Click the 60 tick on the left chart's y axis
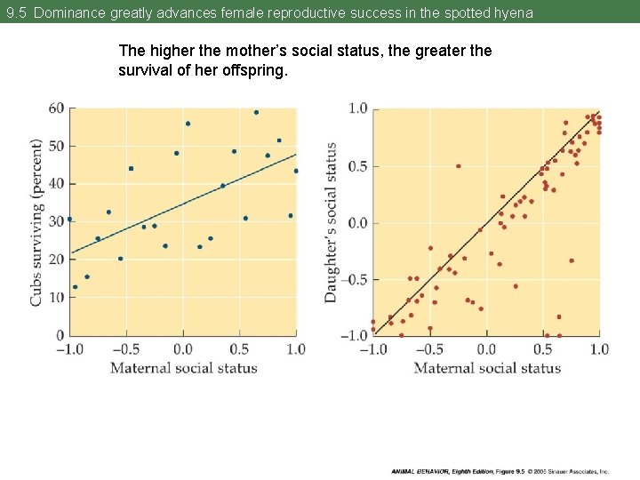56,108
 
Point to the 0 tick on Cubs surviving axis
60,335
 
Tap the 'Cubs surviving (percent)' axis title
36,222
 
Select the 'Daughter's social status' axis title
331,222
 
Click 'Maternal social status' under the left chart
183,368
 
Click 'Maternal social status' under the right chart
487,368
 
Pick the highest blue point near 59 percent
256,112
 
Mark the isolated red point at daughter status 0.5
459,166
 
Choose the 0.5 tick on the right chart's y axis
357,166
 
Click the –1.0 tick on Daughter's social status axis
355,335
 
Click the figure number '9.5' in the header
16,13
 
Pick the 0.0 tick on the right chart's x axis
486,349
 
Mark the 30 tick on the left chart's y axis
56,221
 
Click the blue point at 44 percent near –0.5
131,168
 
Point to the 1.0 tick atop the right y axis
357,108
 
